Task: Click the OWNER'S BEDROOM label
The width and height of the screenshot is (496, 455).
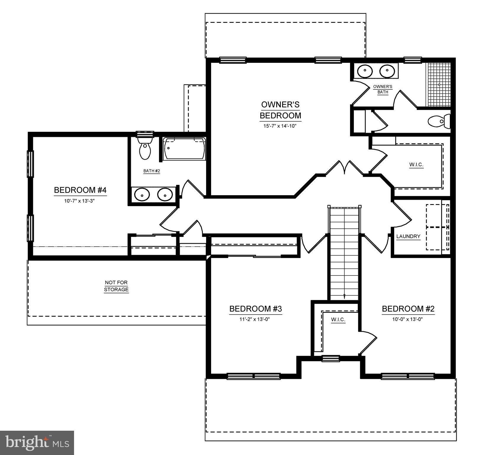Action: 280,110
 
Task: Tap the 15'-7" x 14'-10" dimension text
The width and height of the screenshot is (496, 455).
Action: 280,126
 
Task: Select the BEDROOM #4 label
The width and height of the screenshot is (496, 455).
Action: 80,190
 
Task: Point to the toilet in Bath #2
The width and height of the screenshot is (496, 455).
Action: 145,148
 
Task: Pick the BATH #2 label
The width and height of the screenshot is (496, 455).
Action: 152,171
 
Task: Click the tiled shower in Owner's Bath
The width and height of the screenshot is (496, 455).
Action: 438,84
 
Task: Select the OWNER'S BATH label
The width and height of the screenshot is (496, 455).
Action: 383,89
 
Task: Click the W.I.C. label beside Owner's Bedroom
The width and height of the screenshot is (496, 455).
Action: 416,165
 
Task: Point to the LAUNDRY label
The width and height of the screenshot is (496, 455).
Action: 408,236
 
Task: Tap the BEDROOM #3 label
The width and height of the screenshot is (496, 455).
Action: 256,309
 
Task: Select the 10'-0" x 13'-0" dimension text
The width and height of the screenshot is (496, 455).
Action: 408,319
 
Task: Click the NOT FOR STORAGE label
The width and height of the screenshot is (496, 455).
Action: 116,286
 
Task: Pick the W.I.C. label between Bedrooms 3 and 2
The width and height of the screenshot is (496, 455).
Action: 338,320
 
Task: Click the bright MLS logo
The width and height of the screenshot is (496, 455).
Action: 37,443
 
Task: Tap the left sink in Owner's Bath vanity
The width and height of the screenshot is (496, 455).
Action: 365,71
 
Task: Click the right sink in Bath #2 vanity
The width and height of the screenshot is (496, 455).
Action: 165,195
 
